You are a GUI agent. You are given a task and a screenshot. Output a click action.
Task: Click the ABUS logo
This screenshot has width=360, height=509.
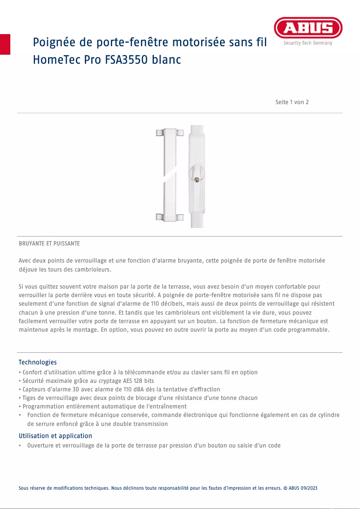308,28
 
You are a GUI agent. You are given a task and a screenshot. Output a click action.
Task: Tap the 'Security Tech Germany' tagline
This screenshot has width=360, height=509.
308,43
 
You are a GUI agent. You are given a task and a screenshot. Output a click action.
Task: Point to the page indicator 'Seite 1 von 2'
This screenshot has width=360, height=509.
292,102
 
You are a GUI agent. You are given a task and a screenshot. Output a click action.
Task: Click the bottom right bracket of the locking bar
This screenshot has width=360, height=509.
180,217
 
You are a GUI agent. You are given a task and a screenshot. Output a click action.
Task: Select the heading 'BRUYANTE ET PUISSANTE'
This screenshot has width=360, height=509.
49,243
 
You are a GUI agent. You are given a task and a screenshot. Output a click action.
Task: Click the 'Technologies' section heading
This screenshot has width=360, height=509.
38,362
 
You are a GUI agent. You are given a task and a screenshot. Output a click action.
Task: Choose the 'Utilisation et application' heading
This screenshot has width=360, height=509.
55,436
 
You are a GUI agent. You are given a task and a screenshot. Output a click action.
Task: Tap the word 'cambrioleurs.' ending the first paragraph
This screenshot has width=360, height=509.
92,269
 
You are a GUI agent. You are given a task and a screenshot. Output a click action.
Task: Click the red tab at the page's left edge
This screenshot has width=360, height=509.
5,44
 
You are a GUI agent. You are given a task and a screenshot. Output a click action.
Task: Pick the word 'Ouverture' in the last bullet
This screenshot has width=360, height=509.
41,446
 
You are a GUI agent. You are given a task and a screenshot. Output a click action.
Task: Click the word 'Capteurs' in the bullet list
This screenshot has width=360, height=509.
35,389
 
